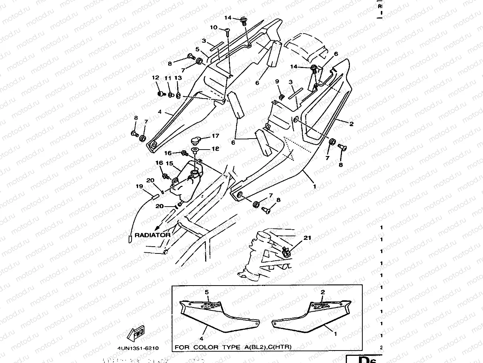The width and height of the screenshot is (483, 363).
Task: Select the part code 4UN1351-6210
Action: click(135, 348)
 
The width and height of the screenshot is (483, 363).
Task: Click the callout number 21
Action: click(308, 238)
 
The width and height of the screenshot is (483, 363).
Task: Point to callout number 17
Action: click(215, 136)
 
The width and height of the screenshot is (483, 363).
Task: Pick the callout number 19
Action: click(140, 186)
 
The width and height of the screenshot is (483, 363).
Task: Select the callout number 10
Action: click(214, 28)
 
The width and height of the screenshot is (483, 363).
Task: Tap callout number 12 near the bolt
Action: click(155, 78)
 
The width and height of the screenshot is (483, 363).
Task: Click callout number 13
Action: click(178, 78)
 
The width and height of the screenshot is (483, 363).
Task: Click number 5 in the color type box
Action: click(207, 292)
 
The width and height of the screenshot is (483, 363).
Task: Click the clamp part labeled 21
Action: click(286, 252)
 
